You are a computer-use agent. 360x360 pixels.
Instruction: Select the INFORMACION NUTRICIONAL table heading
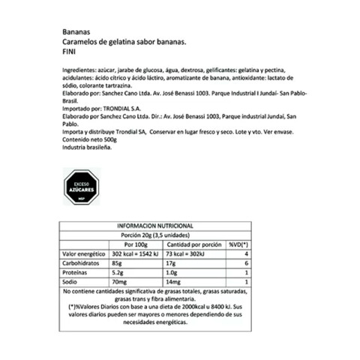155,226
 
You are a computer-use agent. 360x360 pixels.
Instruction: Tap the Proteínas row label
80,274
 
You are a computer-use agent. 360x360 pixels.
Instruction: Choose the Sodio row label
73,284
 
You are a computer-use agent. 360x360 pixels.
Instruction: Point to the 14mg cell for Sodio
175,284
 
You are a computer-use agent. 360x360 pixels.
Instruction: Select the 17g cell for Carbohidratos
172,265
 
